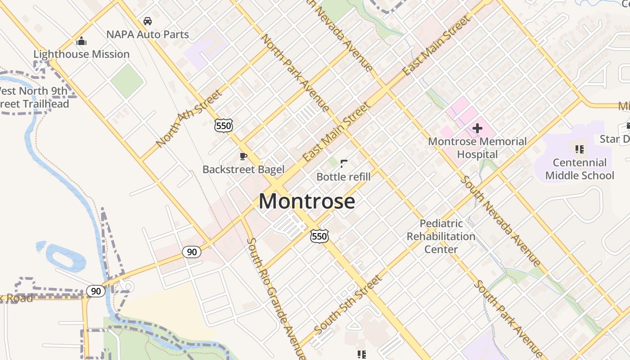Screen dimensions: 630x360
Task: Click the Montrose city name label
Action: coord(307,201)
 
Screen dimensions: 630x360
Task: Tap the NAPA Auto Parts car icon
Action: coord(147,21)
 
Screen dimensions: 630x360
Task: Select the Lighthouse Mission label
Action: coord(81,54)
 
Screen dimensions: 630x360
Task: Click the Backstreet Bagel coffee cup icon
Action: coord(243,156)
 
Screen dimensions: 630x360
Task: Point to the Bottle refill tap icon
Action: coord(344,164)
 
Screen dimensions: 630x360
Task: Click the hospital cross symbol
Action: coord(477,129)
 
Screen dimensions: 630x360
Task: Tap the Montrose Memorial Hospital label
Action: coord(477,148)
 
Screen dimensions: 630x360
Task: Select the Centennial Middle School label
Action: coord(579,169)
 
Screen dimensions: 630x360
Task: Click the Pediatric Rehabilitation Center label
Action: coord(441,236)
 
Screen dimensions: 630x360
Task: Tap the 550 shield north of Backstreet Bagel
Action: coord(224,126)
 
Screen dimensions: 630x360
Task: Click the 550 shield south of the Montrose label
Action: coord(319,236)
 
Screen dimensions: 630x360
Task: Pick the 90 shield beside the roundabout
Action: coord(96,291)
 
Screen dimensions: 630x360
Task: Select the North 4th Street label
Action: coord(189,119)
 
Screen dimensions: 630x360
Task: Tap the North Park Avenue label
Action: coord(295,72)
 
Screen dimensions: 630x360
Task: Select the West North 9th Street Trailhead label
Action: coord(34,97)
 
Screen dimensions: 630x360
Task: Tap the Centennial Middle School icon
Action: coord(580,148)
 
